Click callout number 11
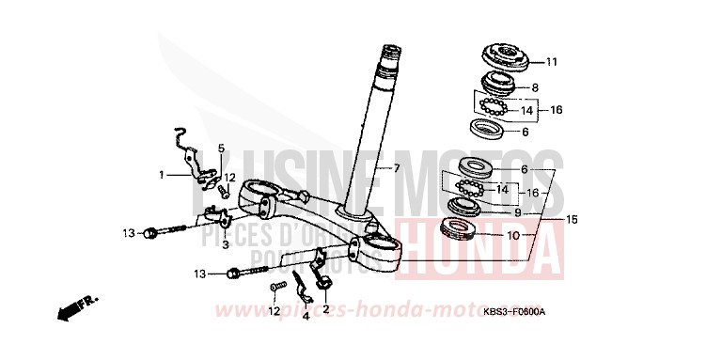click(551, 63)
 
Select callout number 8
click(535, 87)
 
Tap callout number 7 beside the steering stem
click(396, 169)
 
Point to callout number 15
click(572, 219)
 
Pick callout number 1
click(161, 174)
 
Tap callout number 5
click(222, 149)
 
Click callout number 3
click(226, 244)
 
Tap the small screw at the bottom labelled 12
click(275, 286)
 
